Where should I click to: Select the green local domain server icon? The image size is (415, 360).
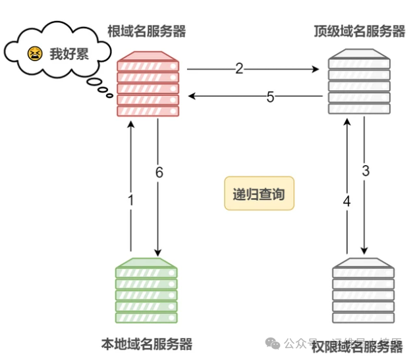pos(146,290)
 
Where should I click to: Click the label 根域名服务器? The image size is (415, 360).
pos(146,30)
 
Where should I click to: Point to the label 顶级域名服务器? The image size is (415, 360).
pos(360,30)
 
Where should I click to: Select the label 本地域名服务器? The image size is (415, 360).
pos(147,344)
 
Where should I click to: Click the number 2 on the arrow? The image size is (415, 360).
pos(239,68)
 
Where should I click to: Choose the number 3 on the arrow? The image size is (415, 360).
pos(366,171)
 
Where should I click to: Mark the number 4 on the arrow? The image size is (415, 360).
pos(346,201)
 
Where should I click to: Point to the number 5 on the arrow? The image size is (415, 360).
pos(270,97)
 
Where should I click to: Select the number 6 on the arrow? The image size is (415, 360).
pos(159,172)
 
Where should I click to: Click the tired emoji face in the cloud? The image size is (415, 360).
pos(35,53)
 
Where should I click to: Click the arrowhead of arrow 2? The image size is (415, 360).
pos(323,68)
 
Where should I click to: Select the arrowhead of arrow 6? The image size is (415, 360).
pos(158,252)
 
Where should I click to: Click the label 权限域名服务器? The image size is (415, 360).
pos(356,346)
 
